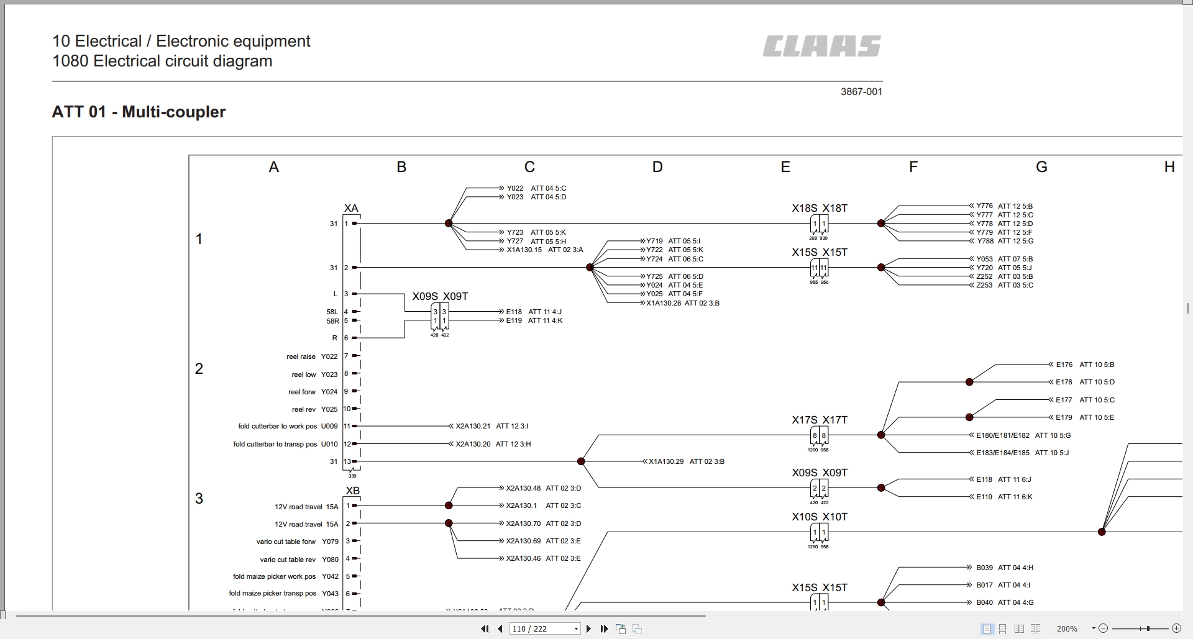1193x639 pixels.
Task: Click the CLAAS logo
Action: click(x=821, y=47)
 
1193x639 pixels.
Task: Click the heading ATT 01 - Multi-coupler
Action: click(x=139, y=112)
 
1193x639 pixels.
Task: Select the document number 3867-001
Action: click(x=861, y=92)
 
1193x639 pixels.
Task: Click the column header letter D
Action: click(x=657, y=167)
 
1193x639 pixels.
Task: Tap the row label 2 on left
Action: click(x=199, y=369)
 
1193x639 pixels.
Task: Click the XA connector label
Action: click(x=351, y=209)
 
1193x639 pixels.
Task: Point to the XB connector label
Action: click(x=352, y=491)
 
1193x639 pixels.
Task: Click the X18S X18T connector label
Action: click(x=819, y=209)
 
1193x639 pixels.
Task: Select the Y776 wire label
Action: click(x=984, y=206)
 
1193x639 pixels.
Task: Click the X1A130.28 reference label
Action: click(x=664, y=303)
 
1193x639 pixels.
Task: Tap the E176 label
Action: click(x=1064, y=365)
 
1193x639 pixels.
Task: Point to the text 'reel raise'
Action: click(x=301, y=356)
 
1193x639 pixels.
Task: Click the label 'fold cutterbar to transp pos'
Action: click(x=275, y=444)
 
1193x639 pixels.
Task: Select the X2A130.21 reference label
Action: click(x=473, y=426)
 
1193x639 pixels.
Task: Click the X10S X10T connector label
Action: click(x=819, y=517)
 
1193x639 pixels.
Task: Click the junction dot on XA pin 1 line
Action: click(x=449, y=224)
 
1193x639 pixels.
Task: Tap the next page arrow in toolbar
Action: click(x=588, y=628)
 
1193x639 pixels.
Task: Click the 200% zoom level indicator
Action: click(x=1066, y=628)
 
